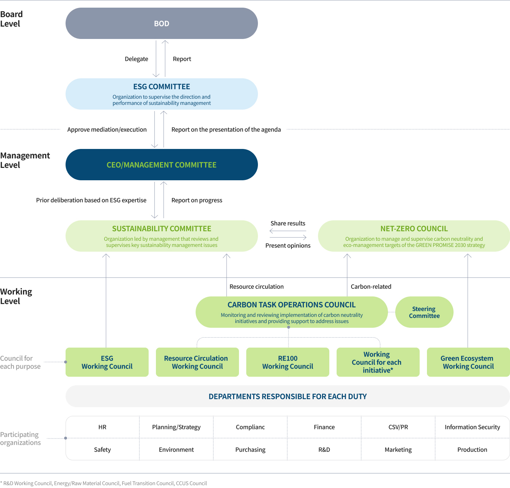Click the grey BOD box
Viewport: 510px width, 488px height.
point(161,24)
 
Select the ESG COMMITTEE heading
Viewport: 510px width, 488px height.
point(161,87)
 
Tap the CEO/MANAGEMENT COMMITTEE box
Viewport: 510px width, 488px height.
point(161,165)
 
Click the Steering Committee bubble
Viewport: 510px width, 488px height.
point(424,312)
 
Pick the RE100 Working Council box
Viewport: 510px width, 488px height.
point(287,362)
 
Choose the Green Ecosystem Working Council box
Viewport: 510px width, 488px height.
point(468,362)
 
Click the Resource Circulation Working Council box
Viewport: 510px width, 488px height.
point(197,362)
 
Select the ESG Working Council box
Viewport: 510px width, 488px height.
point(107,362)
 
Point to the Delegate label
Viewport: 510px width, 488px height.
point(136,59)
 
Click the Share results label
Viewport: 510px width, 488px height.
point(288,223)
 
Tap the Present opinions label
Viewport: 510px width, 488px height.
point(288,245)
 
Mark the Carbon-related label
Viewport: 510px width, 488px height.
point(371,287)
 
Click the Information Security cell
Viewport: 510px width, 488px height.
point(472,427)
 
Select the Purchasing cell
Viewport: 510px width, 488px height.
point(250,450)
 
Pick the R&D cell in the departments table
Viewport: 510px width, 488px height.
point(324,450)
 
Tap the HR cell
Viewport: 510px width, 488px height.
point(102,427)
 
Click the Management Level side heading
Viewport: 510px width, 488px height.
point(25,160)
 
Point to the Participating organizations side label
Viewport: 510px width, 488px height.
point(20,438)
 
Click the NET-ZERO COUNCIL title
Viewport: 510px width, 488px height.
point(414,229)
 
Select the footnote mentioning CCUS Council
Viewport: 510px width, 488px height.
point(103,483)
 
